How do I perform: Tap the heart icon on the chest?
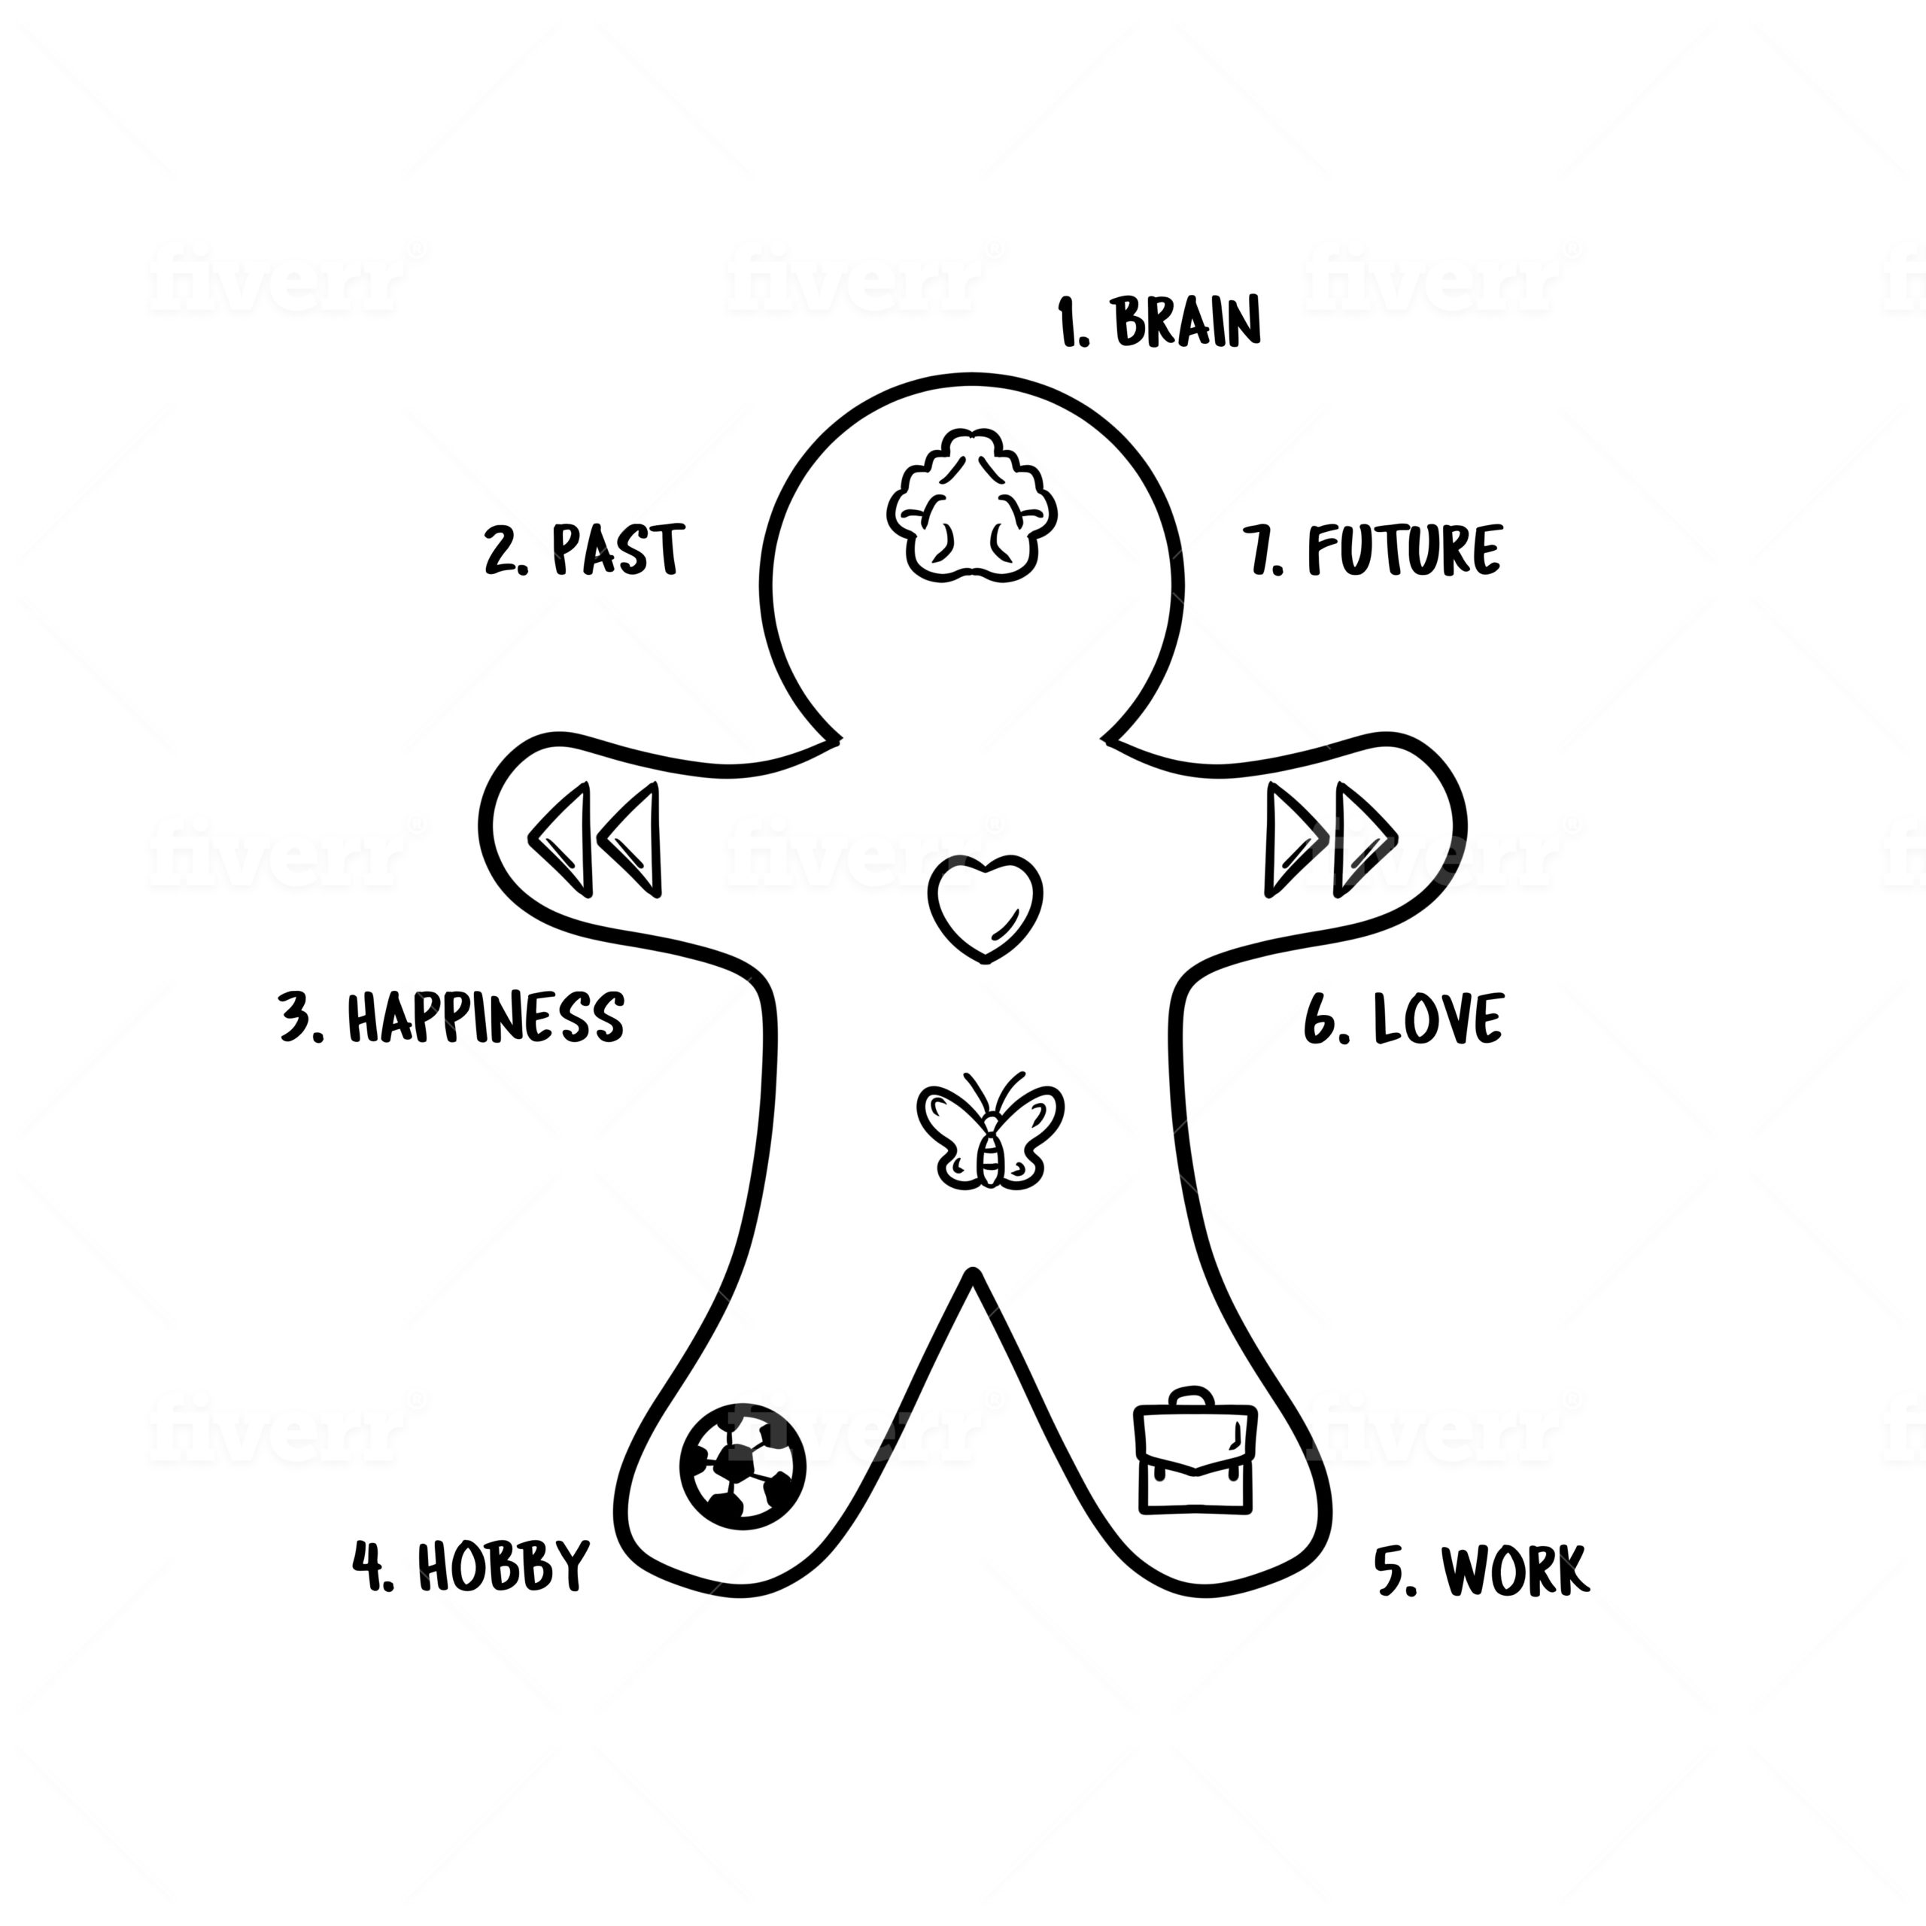coord(985,906)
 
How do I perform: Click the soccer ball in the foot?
coord(743,1466)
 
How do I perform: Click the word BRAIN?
coord(1186,321)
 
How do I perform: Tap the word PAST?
coord(618,549)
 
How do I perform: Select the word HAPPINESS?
coord(485,1017)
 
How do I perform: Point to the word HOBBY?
coord(503,1565)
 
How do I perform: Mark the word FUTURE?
coord(1404,549)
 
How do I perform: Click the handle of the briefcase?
coord(1192,1398)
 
